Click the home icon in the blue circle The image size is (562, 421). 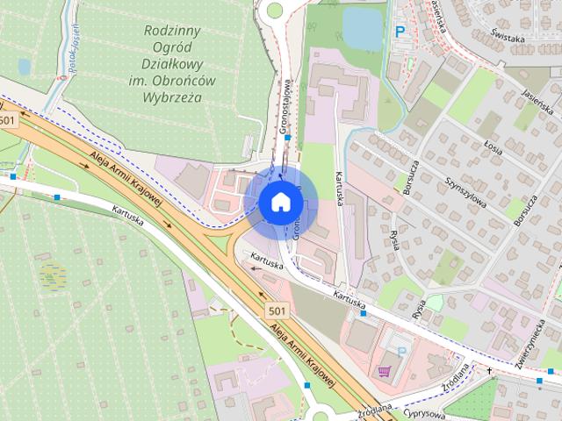(281, 203)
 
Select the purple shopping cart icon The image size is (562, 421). (383, 370)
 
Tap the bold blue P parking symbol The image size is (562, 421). (400, 32)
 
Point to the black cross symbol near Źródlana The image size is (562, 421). (490, 370)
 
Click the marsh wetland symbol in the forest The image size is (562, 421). (53, 276)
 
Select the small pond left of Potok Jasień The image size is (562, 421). (24, 66)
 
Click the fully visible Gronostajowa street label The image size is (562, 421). (285, 108)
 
